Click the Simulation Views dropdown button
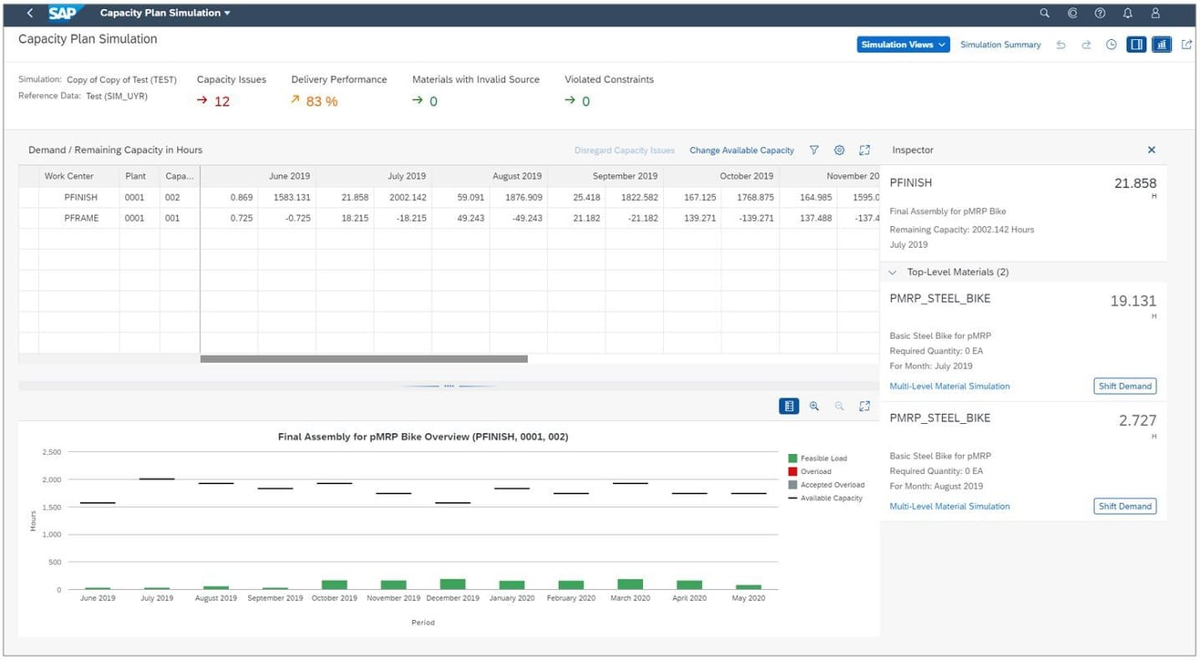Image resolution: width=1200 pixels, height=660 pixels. tap(903, 45)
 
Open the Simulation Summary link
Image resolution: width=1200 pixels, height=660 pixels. tap(1000, 45)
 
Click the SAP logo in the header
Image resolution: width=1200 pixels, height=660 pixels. tap(63, 13)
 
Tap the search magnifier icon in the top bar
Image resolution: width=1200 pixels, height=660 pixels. tap(1045, 14)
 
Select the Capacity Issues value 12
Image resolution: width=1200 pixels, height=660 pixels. tap(222, 101)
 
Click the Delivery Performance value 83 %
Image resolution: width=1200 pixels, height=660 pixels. tap(321, 101)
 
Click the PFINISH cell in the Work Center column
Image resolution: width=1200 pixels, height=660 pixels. tap(80, 198)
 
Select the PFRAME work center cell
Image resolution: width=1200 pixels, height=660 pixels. tap(80, 218)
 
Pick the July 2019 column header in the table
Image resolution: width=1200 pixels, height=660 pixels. tap(407, 176)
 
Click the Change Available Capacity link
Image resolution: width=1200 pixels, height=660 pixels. tap(741, 150)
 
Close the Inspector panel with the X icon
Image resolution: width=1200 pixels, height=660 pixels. tap(1151, 150)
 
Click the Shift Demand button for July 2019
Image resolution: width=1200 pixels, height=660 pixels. tap(1124, 387)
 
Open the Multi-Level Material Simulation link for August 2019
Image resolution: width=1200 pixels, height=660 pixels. tap(949, 506)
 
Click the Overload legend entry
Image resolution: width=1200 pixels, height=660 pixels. tap(815, 471)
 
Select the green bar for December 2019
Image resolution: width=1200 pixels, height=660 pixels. tap(452, 583)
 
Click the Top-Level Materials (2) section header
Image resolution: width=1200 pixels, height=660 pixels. tap(957, 272)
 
